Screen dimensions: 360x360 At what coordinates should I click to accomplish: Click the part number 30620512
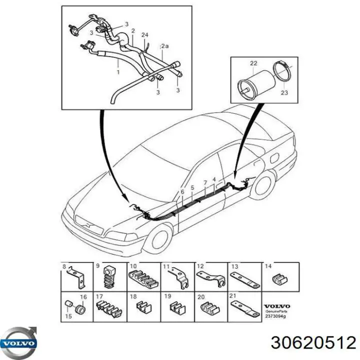coord(313,342)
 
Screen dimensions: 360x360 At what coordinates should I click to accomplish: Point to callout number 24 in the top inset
coord(144,34)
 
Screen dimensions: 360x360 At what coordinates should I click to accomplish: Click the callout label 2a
coord(164,46)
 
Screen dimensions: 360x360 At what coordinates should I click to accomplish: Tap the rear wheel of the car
coord(262,185)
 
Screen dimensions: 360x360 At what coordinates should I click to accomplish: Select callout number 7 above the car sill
coord(205,183)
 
